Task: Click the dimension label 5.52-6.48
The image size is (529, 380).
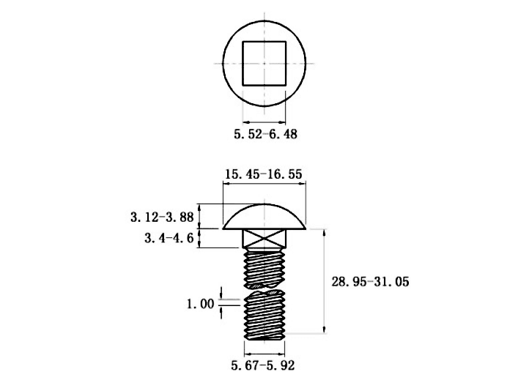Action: (265, 134)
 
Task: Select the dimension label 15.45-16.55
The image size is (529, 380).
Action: (264, 174)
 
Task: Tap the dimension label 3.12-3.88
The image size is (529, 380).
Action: (162, 217)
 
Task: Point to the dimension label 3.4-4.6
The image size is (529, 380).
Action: (169, 239)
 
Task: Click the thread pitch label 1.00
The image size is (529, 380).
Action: (201, 304)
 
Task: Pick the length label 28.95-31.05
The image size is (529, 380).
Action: (370, 282)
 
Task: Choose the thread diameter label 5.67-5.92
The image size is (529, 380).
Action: (263, 365)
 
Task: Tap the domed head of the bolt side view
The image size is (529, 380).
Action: (264, 217)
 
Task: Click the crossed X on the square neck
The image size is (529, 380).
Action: (264, 239)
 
